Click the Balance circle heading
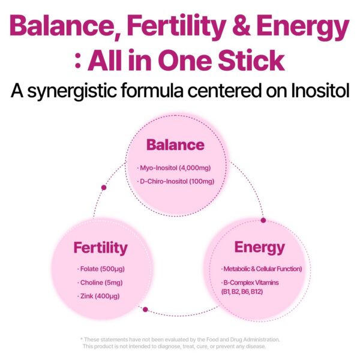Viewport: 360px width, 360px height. pyautogui.click(x=175, y=145)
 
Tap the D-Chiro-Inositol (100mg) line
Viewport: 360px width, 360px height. pyautogui.click(x=175, y=181)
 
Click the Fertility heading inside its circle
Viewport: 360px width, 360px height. pyautogui.click(x=100, y=247)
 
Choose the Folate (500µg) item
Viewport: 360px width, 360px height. pyautogui.click(x=100, y=268)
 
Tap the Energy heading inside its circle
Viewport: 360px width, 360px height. pyautogui.click(x=259, y=247)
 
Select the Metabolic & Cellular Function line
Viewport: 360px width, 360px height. pyautogui.click(x=261, y=268)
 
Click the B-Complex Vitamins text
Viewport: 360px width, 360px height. pyautogui.click(x=252, y=283)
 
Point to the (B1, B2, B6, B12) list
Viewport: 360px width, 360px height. pyautogui.click(x=242, y=292)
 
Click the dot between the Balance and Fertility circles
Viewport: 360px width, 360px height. pyautogui.click(x=104, y=188)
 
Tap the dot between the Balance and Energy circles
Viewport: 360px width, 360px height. pyautogui.click(x=262, y=220)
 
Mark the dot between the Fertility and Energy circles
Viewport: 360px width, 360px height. pyautogui.click(x=145, y=310)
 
